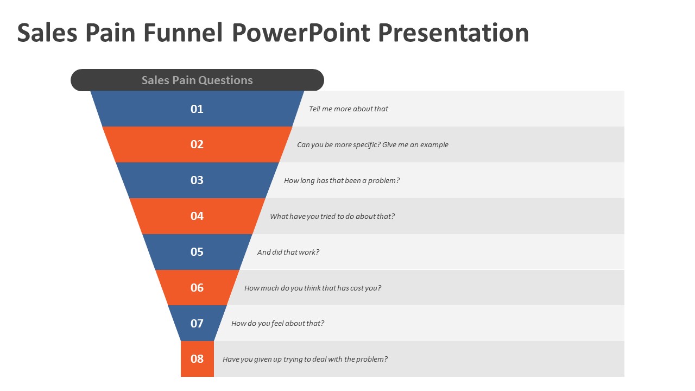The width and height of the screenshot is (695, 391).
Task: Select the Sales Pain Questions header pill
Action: tap(197, 80)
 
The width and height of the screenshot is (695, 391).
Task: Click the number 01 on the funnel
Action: tap(197, 109)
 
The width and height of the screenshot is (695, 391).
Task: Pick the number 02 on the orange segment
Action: tap(197, 144)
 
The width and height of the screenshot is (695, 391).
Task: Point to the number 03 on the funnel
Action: tap(197, 180)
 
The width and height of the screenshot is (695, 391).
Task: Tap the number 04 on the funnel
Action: tap(197, 216)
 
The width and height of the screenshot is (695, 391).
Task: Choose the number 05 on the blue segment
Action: tap(197, 252)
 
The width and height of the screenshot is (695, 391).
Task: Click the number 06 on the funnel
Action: tap(197, 288)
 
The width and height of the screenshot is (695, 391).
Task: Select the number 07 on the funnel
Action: tap(197, 324)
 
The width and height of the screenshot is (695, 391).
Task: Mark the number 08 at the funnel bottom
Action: tap(197, 359)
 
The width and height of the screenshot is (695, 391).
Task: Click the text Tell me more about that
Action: tap(349, 109)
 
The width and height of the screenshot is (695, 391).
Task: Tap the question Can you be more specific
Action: tap(372, 144)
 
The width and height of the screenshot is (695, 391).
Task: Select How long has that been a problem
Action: tap(342, 180)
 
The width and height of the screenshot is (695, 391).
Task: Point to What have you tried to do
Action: tap(332, 216)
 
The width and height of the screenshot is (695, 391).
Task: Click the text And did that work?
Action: tap(288, 252)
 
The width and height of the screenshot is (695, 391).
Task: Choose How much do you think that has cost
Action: tap(313, 288)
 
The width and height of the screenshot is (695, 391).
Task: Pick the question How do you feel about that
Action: tap(277, 323)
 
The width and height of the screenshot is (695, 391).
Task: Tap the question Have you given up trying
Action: tap(305, 359)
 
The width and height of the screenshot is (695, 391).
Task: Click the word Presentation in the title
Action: tap(453, 33)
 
